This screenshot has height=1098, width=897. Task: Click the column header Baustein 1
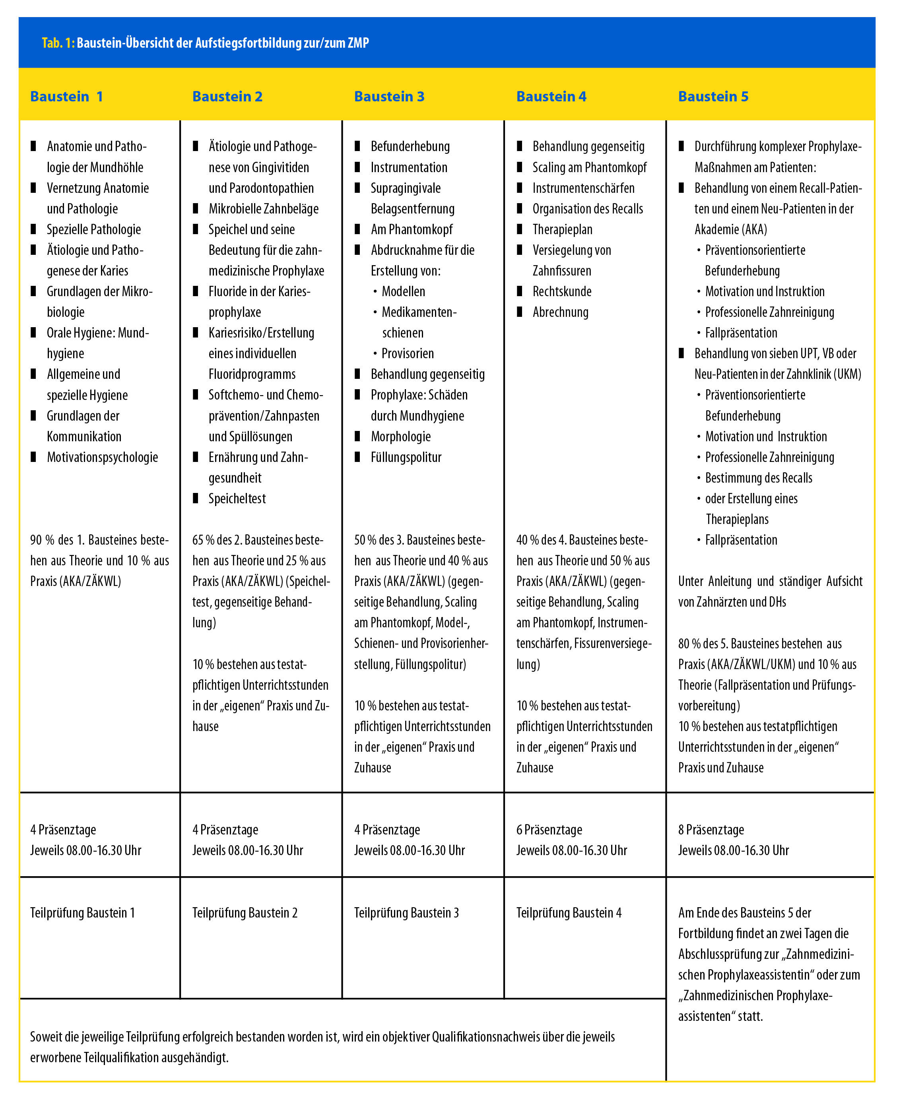pos(67,97)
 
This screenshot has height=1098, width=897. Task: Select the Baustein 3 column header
pos(389,97)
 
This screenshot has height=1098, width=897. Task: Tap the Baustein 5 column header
pos(713,97)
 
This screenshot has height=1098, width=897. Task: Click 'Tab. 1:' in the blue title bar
pos(58,43)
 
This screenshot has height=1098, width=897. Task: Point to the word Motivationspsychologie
pos(102,457)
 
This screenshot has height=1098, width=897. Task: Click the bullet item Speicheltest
pos(237,499)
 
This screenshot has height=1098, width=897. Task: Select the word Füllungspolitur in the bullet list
pos(406,457)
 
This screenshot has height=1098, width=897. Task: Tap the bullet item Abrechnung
pos(561,312)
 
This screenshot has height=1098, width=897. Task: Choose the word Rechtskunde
pos(562,291)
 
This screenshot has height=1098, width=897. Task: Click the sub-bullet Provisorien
pos(408,353)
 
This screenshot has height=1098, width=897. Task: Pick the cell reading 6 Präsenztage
pos(549,830)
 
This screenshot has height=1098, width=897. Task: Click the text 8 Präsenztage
pos(711,830)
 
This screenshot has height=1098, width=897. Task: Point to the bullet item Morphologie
pos(401,436)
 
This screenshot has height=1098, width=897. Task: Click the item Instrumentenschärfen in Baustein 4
pos(584,188)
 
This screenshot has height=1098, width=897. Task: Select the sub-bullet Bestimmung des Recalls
pos(759,478)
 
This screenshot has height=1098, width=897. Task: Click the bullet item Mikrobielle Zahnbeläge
pos(264,209)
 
